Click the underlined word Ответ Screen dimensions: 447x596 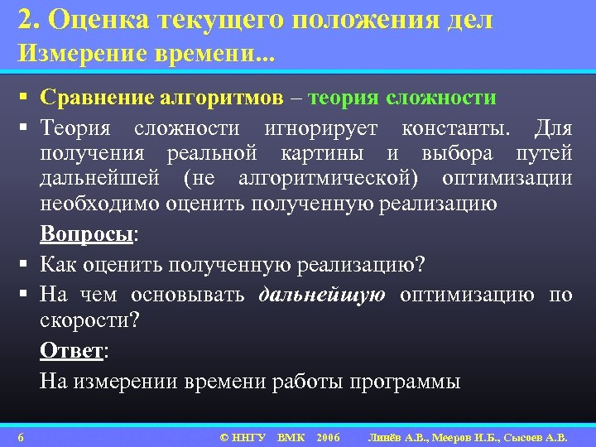[x=71, y=350]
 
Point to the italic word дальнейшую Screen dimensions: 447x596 [x=322, y=296]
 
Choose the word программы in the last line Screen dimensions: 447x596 [x=406, y=382]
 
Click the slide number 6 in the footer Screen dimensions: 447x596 [x=21, y=436]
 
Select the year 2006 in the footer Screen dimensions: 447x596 [x=328, y=436]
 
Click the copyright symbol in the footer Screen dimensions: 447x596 [x=223, y=436]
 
